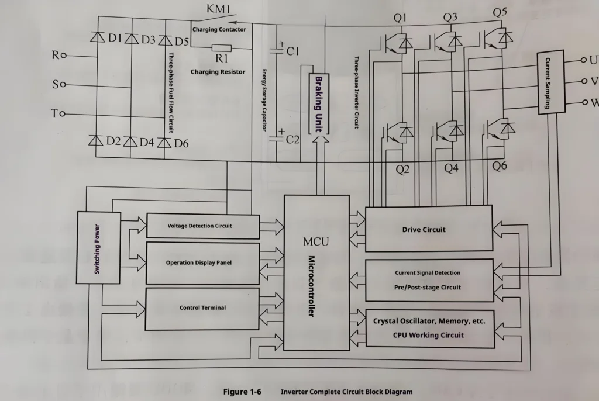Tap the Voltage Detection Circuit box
click(x=202, y=226)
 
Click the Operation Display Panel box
click(x=202, y=263)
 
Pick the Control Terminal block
click(x=202, y=308)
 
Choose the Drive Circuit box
click(x=428, y=229)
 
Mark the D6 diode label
click(x=181, y=142)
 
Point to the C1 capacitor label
click(x=294, y=51)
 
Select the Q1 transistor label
click(x=400, y=18)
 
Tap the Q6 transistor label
click(x=499, y=166)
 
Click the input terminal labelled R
click(x=56, y=56)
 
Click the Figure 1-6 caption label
click(x=242, y=392)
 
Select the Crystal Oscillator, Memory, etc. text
click(x=429, y=321)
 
